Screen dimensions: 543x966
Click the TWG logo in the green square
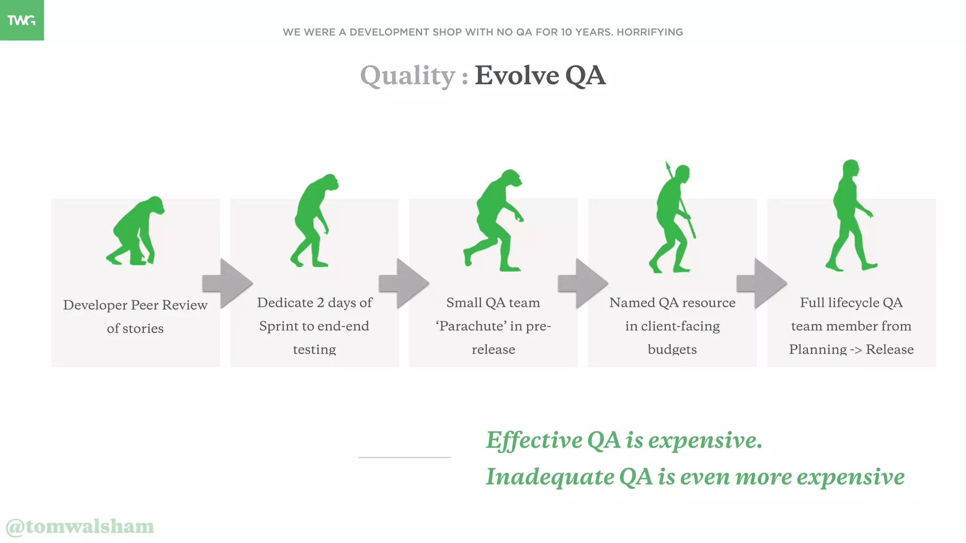[x=21, y=20]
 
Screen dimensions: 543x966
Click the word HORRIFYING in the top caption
[x=650, y=32]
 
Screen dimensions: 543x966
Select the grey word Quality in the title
[x=408, y=76]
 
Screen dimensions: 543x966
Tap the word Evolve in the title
[x=516, y=75]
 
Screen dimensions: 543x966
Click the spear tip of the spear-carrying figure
[x=667, y=165]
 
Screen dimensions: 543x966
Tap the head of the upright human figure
[x=851, y=168]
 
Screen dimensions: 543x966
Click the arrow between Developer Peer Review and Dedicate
[x=228, y=283]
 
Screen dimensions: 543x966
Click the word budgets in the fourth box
[x=672, y=350]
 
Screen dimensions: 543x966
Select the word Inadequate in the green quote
[x=550, y=477]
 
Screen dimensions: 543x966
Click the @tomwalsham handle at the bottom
[x=80, y=527]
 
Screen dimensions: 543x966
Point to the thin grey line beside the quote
[x=404, y=457]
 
